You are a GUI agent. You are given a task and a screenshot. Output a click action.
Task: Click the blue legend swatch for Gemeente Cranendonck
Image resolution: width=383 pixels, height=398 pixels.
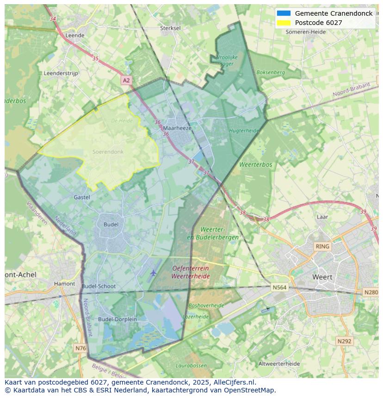(284, 13)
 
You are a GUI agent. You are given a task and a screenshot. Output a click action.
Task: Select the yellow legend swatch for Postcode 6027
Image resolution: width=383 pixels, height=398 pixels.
(284, 23)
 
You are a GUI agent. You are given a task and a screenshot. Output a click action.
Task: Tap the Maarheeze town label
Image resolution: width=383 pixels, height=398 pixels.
(177, 128)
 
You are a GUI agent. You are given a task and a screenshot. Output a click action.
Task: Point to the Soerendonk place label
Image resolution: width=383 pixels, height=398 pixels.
(108, 152)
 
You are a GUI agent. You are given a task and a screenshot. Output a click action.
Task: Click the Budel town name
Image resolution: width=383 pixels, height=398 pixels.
(111, 224)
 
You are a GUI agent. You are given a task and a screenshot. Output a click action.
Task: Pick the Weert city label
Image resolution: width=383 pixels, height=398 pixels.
(322, 277)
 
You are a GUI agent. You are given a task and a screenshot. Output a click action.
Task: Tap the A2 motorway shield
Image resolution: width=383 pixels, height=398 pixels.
(126, 80)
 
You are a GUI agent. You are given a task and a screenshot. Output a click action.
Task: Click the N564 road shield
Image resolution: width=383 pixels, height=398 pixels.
(279, 288)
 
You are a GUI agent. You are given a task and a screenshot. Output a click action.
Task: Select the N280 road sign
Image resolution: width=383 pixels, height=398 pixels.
(371, 292)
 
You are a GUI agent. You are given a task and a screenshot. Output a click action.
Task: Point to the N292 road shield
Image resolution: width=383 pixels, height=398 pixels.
(344, 341)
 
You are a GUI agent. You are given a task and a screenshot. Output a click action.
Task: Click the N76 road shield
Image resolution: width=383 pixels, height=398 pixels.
(80, 348)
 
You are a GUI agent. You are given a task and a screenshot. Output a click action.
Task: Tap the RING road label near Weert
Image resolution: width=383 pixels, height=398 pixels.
(322, 246)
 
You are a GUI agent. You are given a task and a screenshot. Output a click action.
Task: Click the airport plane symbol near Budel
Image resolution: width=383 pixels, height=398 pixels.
(154, 273)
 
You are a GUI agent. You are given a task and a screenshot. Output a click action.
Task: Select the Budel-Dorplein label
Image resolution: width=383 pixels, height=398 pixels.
(117, 319)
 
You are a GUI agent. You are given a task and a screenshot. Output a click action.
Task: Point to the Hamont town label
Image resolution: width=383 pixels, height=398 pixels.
(64, 284)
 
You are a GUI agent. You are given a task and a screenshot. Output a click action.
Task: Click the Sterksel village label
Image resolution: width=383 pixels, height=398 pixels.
(170, 28)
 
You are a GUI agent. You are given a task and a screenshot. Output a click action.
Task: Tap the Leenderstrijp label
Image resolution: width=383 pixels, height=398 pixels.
(61, 73)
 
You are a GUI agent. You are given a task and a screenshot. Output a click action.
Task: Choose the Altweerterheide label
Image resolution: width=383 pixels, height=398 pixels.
(279, 363)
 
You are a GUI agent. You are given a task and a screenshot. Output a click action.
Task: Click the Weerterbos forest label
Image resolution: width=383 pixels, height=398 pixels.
(256, 165)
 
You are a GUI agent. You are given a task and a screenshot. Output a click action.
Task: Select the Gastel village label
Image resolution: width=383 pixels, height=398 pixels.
(82, 197)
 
